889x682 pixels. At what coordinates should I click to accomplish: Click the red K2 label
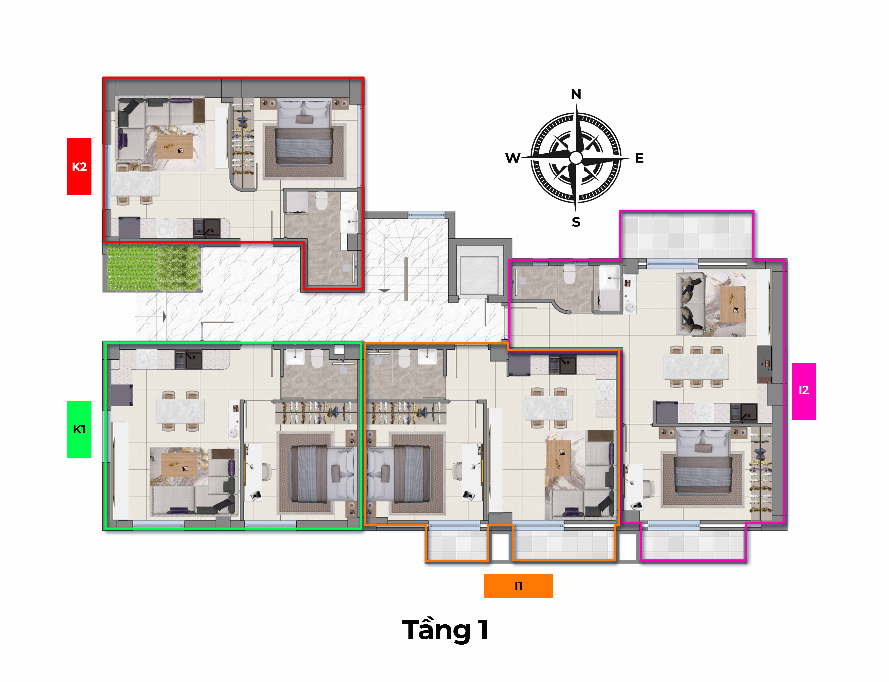coord(79,166)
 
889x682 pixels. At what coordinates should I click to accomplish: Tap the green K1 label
coord(79,429)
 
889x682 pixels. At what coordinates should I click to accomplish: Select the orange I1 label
coord(518,586)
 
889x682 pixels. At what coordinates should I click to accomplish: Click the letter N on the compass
coord(576,94)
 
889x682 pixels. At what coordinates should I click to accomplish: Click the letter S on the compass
coord(576,222)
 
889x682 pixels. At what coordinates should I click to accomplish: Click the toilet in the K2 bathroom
coord(321,201)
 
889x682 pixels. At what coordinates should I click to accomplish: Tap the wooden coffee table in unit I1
coord(559,458)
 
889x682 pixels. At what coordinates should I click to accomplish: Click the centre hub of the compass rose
coord(576,158)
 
